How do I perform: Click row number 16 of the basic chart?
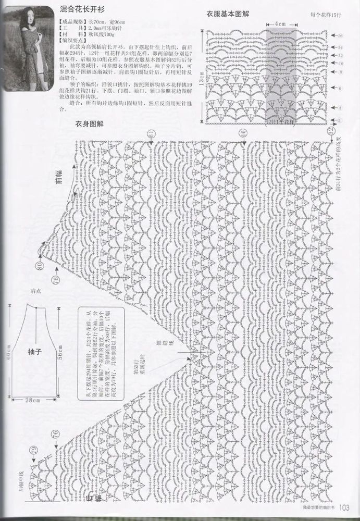pos(340,36)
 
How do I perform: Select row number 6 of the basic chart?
pos(340,89)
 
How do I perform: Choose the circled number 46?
pos(243,134)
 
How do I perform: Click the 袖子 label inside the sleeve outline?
pos(34,352)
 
